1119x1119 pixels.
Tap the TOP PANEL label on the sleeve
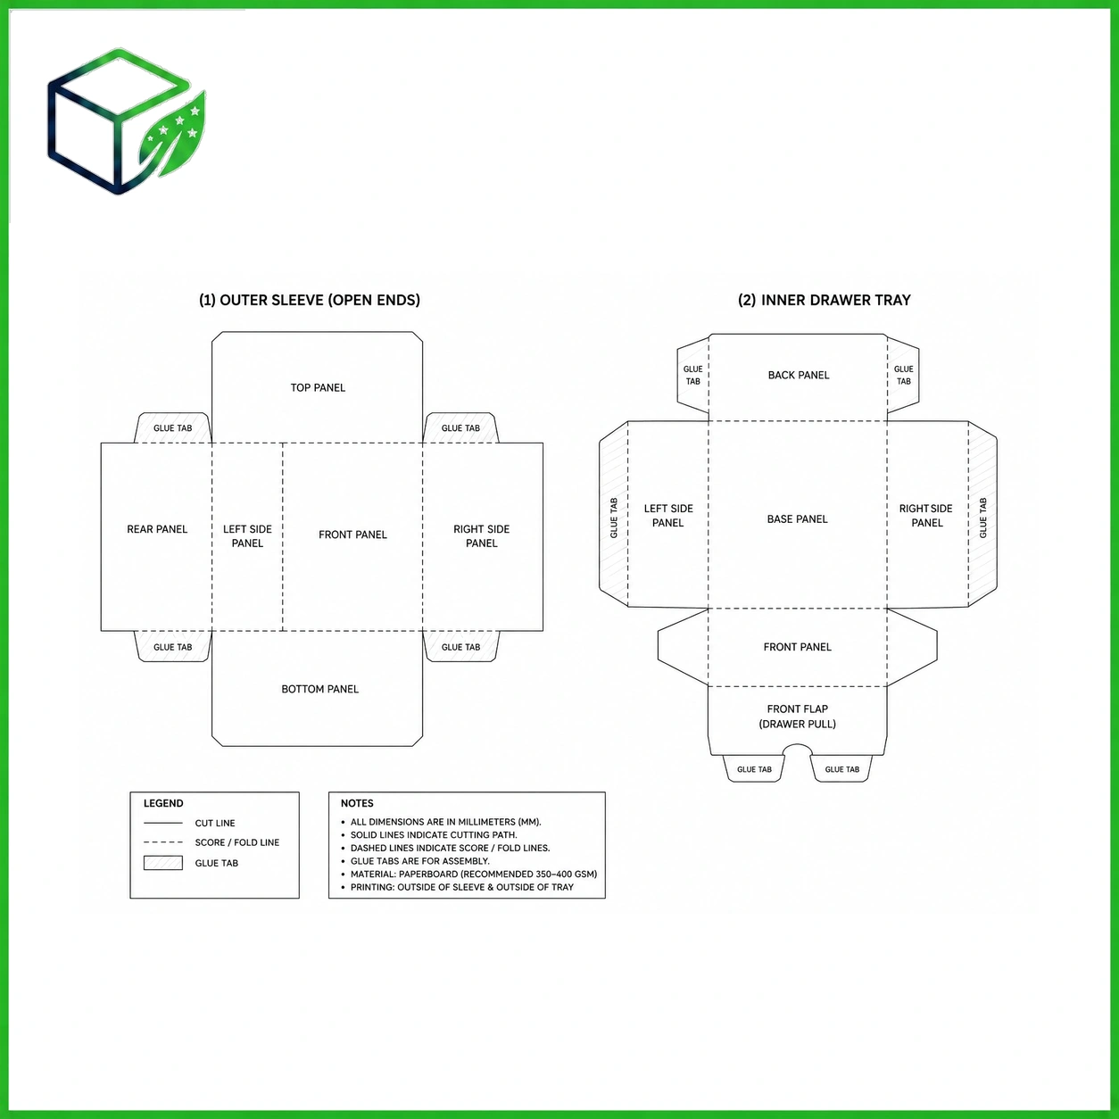point(318,387)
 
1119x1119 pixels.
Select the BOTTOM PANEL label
point(320,689)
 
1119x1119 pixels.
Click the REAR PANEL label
point(157,529)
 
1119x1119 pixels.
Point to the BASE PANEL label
point(797,518)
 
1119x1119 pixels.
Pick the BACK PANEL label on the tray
point(799,375)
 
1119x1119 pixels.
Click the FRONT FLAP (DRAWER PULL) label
point(797,716)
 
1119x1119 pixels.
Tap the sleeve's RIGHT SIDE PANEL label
point(481,536)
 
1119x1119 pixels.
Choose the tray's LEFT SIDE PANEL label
point(668,515)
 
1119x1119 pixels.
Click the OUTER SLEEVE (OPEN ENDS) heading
point(310,300)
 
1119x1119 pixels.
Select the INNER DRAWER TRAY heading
point(824,300)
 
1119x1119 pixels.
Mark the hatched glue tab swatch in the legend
point(163,863)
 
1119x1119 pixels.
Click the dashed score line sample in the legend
point(163,842)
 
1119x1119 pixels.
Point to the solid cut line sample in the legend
point(163,823)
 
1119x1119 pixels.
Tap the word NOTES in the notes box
point(357,803)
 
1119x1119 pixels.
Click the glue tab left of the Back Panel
point(693,375)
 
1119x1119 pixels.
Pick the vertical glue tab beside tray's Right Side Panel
point(982,515)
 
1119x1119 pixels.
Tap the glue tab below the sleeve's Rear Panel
point(172,646)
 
